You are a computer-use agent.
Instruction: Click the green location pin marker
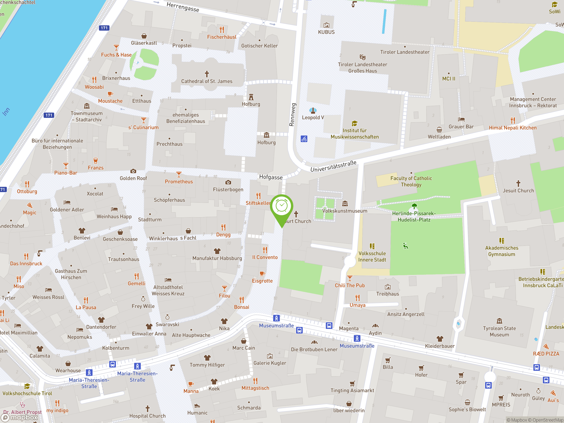click(282, 206)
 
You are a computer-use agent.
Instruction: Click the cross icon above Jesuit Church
click(518, 183)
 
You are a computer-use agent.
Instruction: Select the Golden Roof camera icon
click(133, 171)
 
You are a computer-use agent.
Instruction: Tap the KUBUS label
click(326, 32)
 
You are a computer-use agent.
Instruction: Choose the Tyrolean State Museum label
click(499, 332)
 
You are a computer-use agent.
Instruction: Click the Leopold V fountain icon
click(313, 110)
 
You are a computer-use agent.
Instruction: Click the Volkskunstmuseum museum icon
click(345, 204)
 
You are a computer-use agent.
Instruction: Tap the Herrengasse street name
click(183, 7)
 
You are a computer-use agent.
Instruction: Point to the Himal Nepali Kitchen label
click(512, 128)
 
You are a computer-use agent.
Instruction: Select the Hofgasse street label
click(271, 177)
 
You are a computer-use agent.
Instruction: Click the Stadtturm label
click(150, 219)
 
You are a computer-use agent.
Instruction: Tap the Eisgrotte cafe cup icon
click(262, 274)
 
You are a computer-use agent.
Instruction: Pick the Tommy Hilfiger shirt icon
click(207, 358)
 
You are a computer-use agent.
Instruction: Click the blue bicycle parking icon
click(304, 139)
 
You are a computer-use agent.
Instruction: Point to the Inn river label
click(6, 112)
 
